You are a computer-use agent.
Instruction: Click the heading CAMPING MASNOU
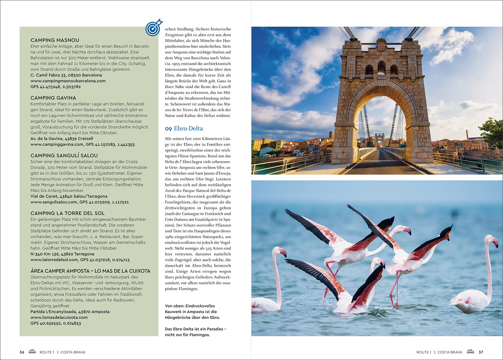[x=55, y=40]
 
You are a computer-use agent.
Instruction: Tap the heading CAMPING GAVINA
[x=53, y=98]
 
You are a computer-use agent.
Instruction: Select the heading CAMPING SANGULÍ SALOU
[x=64, y=156]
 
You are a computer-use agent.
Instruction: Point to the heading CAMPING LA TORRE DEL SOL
[x=67, y=213]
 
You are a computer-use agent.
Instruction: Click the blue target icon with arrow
[x=153, y=28]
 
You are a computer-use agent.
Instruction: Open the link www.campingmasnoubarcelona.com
[x=68, y=81]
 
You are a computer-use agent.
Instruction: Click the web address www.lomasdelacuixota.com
[x=59, y=317]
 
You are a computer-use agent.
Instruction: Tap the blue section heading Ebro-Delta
[x=184, y=128]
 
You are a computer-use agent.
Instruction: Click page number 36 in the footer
[x=22, y=352]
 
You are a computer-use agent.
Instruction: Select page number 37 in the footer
[x=481, y=352]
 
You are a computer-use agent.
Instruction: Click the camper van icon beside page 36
[x=32, y=352]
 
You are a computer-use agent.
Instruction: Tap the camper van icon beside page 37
[x=470, y=352]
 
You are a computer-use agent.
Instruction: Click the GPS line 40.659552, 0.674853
[x=56, y=323]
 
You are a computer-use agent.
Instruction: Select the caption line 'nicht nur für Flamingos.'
[x=187, y=335]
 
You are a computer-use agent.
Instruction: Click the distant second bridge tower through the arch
[x=380, y=139]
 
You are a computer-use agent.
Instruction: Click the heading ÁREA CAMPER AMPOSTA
[x=90, y=271]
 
